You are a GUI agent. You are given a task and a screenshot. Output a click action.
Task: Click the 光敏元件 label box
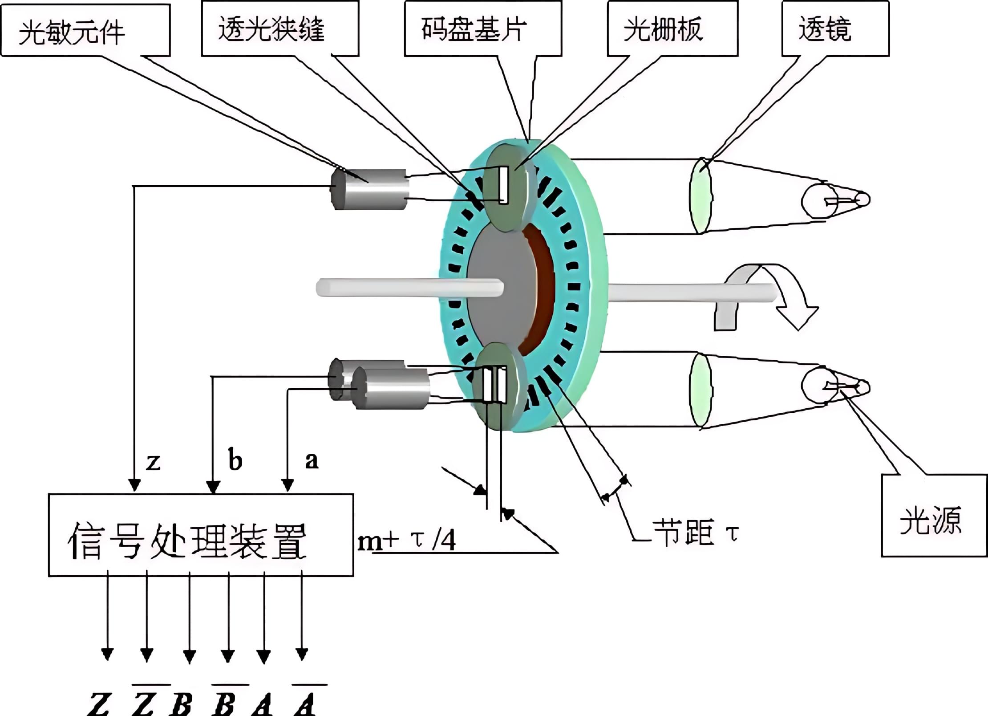(x=85, y=30)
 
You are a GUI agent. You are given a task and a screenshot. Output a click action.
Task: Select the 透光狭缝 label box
(x=280, y=28)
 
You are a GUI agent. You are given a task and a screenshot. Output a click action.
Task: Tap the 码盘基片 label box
(x=483, y=28)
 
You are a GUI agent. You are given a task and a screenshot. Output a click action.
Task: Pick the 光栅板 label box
(x=672, y=28)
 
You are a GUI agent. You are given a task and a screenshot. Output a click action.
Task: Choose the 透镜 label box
(x=835, y=28)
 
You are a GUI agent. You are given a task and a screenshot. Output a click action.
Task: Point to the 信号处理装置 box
(x=200, y=535)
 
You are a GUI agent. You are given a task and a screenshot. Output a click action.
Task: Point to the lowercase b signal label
(x=235, y=460)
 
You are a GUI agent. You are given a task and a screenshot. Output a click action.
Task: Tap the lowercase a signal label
(x=312, y=460)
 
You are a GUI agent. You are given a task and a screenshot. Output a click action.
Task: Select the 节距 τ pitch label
(x=694, y=532)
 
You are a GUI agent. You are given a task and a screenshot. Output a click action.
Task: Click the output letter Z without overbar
(x=99, y=704)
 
